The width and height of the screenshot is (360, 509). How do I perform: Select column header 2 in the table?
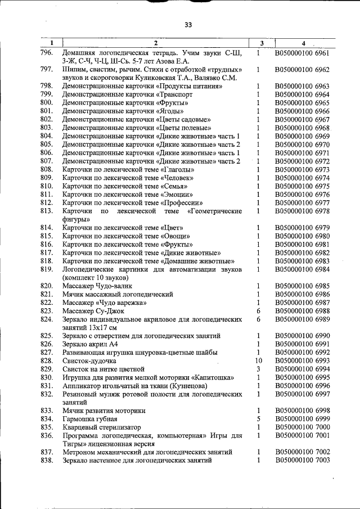(155, 43)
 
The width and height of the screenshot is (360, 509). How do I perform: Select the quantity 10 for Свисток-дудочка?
(258, 361)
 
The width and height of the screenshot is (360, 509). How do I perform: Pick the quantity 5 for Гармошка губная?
(258, 419)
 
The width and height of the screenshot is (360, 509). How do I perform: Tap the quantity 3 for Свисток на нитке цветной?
(258, 369)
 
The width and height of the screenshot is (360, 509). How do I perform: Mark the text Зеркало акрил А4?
(90, 344)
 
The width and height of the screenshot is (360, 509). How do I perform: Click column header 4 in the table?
(303, 43)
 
